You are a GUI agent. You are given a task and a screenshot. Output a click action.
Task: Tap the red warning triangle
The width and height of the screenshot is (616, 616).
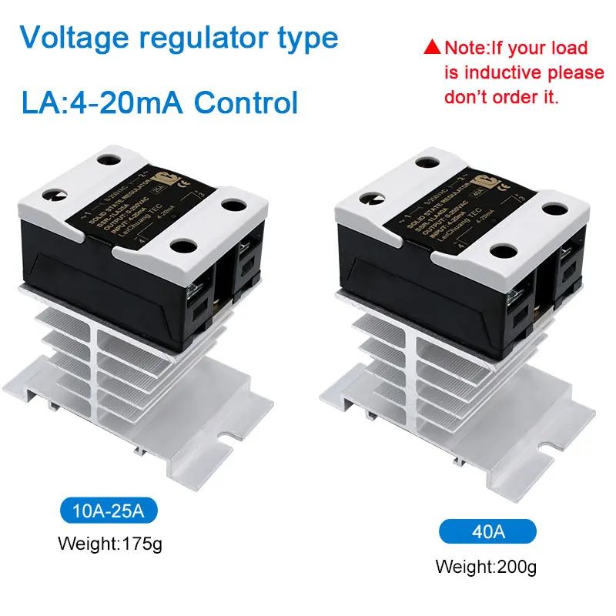pyautogui.click(x=432, y=49)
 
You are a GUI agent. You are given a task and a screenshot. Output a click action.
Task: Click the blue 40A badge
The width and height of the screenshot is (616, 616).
pyautogui.click(x=487, y=531)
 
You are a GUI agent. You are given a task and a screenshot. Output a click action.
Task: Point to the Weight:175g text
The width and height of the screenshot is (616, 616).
pyautogui.click(x=111, y=544)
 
